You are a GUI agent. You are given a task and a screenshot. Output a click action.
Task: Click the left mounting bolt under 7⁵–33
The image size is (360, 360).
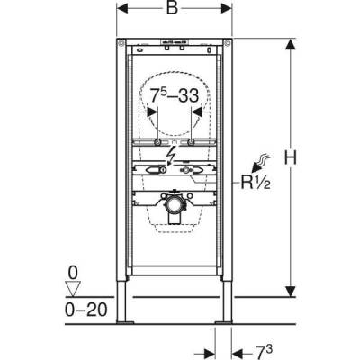157,142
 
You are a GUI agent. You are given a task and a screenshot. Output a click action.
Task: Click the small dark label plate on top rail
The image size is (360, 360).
174,42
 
